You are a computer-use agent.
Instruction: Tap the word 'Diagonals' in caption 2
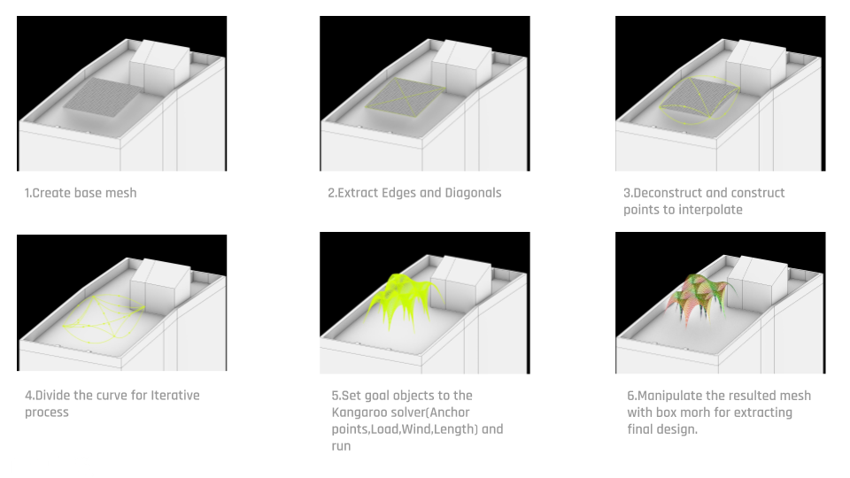[473, 193]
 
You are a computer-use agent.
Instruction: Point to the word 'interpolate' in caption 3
[711, 210]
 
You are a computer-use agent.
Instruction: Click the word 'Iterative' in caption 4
[175, 395]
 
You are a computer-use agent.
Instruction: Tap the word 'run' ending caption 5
[341, 446]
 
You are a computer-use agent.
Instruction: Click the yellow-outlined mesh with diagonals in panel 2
[405, 97]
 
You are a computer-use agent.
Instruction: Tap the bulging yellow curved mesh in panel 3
[699, 99]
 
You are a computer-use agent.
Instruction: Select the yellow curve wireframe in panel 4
[103, 318]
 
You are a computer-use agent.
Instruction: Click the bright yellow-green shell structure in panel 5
[404, 301]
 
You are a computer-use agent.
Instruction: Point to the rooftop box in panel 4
[160, 281]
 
